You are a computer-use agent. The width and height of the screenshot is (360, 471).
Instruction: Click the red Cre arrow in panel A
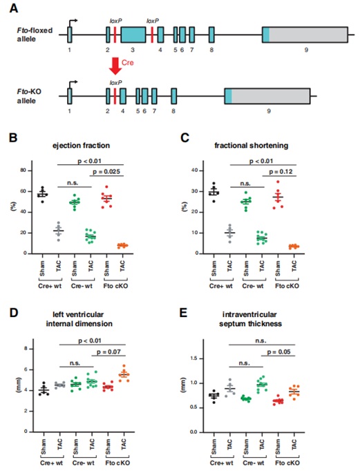pyautogui.click(x=115, y=65)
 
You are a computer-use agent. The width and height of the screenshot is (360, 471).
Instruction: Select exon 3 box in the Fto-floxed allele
pyautogui.click(x=133, y=35)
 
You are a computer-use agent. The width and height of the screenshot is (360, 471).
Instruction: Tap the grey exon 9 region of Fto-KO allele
pyautogui.click(x=271, y=96)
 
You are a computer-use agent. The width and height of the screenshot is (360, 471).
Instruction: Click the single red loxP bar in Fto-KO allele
pyautogui.click(x=115, y=96)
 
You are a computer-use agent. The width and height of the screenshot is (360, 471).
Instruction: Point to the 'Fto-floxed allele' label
pyautogui.click(x=35, y=35)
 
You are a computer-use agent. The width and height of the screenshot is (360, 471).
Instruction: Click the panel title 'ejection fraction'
pyautogui.click(x=81, y=146)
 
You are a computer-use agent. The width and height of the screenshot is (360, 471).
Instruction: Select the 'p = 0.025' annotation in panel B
pyautogui.click(x=106, y=171)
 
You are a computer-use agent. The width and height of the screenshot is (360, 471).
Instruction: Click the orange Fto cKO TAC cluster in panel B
pyautogui.click(x=122, y=245)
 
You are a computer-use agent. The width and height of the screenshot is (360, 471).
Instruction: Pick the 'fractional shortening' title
pyautogui.click(x=252, y=146)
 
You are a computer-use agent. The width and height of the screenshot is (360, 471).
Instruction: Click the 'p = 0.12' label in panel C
pyautogui.click(x=281, y=171)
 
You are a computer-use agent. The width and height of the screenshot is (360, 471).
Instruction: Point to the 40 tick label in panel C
pyautogui.click(x=195, y=171)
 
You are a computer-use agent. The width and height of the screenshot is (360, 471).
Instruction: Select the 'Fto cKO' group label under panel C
pyautogui.click(x=287, y=286)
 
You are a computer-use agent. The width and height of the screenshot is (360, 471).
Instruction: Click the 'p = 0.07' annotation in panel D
pyautogui.click(x=108, y=352)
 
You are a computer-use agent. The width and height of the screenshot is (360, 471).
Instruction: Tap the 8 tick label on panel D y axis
pyautogui.click(x=26, y=349)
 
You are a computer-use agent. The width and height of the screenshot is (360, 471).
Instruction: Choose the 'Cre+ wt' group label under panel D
pyautogui.click(x=51, y=463)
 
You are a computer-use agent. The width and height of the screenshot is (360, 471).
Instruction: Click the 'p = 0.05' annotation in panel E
pyautogui.click(x=278, y=352)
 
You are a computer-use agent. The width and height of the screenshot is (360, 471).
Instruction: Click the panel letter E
pyautogui.click(x=183, y=313)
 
